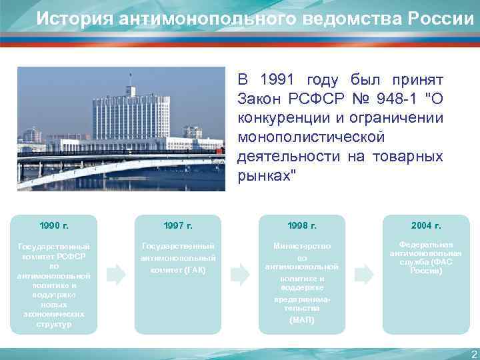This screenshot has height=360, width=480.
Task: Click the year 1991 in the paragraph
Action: (276, 80)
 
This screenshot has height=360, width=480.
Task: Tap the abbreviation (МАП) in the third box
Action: (302, 320)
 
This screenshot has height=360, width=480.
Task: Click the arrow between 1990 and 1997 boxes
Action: (116, 273)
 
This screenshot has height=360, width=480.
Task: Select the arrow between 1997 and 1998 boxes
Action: (240, 273)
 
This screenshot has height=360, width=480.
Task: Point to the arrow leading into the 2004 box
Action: (364, 273)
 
